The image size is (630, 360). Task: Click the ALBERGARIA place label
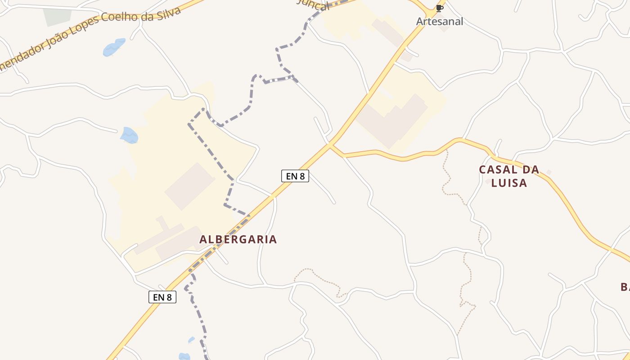(x=238, y=239)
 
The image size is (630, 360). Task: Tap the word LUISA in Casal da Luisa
(x=509, y=183)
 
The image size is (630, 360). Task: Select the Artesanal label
(x=439, y=21)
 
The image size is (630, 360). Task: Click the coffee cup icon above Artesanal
(x=439, y=8)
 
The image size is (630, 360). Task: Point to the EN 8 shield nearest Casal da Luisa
(x=295, y=176)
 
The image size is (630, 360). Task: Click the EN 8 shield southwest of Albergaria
(x=162, y=297)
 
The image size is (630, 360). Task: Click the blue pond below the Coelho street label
(x=113, y=47)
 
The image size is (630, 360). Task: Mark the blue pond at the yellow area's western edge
(x=130, y=135)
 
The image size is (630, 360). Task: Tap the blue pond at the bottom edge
(x=184, y=356)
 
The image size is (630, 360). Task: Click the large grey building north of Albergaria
(x=190, y=186)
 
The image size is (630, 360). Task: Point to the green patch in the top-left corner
(x=57, y=16)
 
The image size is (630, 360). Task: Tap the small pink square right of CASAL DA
(x=549, y=172)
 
